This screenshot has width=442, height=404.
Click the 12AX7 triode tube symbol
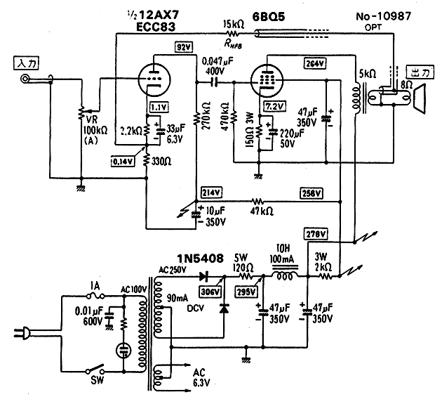[x=156, y=80]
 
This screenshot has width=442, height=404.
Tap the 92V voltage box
[x=184, y=48]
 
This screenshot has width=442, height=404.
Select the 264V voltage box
[x=315, y=64]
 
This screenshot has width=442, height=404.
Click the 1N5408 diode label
[x=200, y=259]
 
